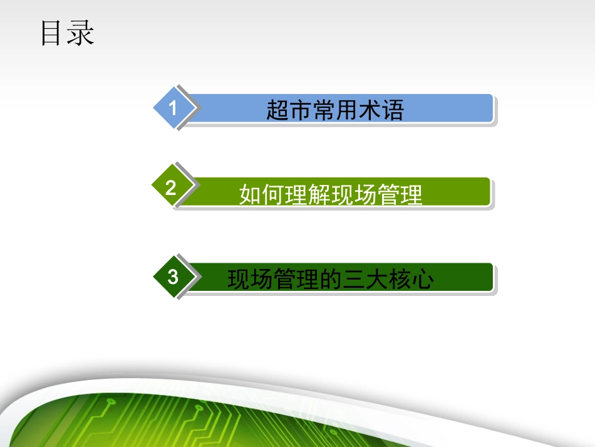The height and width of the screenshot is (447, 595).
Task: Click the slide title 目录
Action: (x=67, y=33)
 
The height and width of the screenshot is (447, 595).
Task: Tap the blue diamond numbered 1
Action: (x=173, y=108)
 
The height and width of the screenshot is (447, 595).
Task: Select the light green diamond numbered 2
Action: (x=172, y=187)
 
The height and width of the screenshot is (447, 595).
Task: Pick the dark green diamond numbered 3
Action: (x=173, y=276)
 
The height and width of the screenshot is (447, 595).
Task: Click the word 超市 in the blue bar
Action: (x=289, y=110)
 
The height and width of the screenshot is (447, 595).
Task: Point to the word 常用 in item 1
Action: (x=335, y=110)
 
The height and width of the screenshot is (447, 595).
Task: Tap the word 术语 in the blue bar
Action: (x=381, y=110)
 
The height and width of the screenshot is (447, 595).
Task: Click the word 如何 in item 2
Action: (x=262, y=195)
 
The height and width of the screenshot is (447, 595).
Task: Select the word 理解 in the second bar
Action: (x=308, y=195)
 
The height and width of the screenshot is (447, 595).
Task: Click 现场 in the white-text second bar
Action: (x=354, y=195)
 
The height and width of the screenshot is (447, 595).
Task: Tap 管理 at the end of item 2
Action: (x=400, y=195)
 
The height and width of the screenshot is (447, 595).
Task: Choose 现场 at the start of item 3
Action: (x=251, y=280)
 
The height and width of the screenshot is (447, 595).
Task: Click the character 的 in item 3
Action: (x=331, y=280)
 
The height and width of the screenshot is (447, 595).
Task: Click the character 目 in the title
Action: (x=53, y=33)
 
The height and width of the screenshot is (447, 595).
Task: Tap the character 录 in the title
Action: (x=81, y=33)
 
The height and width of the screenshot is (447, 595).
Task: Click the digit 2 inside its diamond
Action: (x=171, y=188)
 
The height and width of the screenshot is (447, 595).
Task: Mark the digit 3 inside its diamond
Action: (x=173, y=276)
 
